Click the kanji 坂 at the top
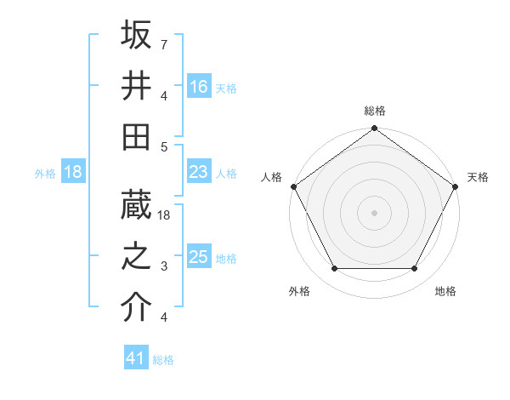tap(137, 35)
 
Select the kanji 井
tap(137, 86)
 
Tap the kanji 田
tap(137, 136)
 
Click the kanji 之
tap(137, 256)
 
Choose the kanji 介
tap(137, 307)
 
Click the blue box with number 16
tap(199, 86)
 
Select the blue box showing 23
tap(199, 172)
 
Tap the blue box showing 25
tap(199, 257)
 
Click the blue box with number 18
tap(73, 172)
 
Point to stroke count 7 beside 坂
tap(163, 43)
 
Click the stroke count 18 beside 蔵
tap(165, 216)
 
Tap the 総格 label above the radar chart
tap(375, 111)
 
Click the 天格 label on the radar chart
tap(479, 177)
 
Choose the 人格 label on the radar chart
tap(272, 177)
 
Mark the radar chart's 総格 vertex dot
tap(375, 129)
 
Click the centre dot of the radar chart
tap(375, 213)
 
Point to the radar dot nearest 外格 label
tap(334, 269)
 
